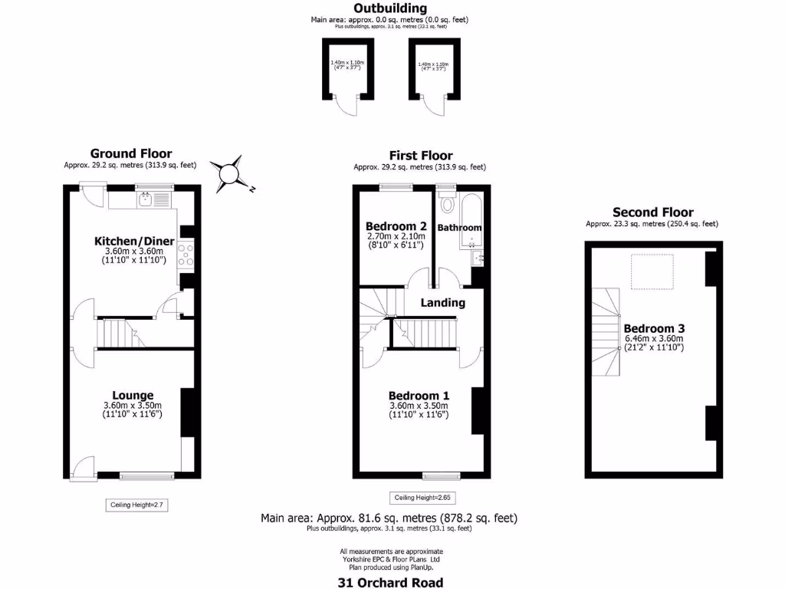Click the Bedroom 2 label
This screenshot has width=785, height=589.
pos(396,226)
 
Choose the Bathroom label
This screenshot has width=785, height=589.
pos(459,228)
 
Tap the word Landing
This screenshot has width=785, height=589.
pos(443,302)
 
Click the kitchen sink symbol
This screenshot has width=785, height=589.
pos(146,201)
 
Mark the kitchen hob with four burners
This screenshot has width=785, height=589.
pos(186,254)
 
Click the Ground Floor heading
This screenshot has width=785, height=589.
pos(131,153)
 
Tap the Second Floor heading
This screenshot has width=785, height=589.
pos(653,212)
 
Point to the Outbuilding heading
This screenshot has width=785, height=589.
pos(390,8)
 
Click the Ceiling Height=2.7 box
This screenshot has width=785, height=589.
pos(136,505)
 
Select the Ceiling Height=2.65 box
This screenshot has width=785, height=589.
pos(419,498)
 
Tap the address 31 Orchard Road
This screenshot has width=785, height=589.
pos(390,582)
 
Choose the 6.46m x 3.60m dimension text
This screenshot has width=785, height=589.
pos(653,338)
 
